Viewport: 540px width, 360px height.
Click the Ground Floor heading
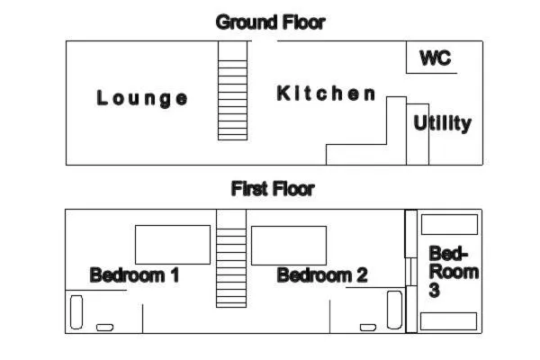pyautogui.click(x=270, y=22)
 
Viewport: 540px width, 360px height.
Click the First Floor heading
pyautogui.click(x=273, y=189)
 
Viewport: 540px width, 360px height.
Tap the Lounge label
pyautogui.click(x=142, y=98)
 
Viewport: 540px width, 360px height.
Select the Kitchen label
pyautogui.click(x=326, y=94)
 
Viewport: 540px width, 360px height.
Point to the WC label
pyautogui.click(x=436, y=58)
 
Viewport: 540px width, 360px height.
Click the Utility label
pyautogui.click(x=443, y=123)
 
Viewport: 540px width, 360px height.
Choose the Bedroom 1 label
pyautogui.click(x=134, y=275)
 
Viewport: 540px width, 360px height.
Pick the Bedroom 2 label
pyautogui.click(x=322, y=275)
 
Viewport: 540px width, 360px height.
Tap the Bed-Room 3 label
pyautogui.click(x=454, y=272)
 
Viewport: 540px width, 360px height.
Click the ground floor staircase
pyautogui.click(x=232, y=91)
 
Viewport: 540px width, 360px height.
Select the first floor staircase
pyautogui.click(x=231, y=258)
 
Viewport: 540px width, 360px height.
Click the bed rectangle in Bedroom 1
pyautogui.click(x=173, y=245)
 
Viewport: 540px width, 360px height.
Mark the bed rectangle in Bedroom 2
pyautogui.click(x=289, y=246)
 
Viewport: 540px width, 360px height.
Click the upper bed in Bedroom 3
pyautogui.click(x=449, y=225)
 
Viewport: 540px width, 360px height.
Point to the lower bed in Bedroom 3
pyautogui.click(x=449, y=321)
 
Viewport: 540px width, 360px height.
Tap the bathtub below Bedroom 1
pyautogui.click(x=76, y=312)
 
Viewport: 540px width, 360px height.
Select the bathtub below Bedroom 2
pyautogui.click(x=395, y=310)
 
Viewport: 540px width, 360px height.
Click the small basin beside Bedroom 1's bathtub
pyautogui.click(x=104, y=328)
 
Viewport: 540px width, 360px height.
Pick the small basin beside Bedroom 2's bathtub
pyautogui.click(x=368, y=328)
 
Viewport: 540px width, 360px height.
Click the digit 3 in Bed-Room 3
pyautogui.click(x=435, y=290)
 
